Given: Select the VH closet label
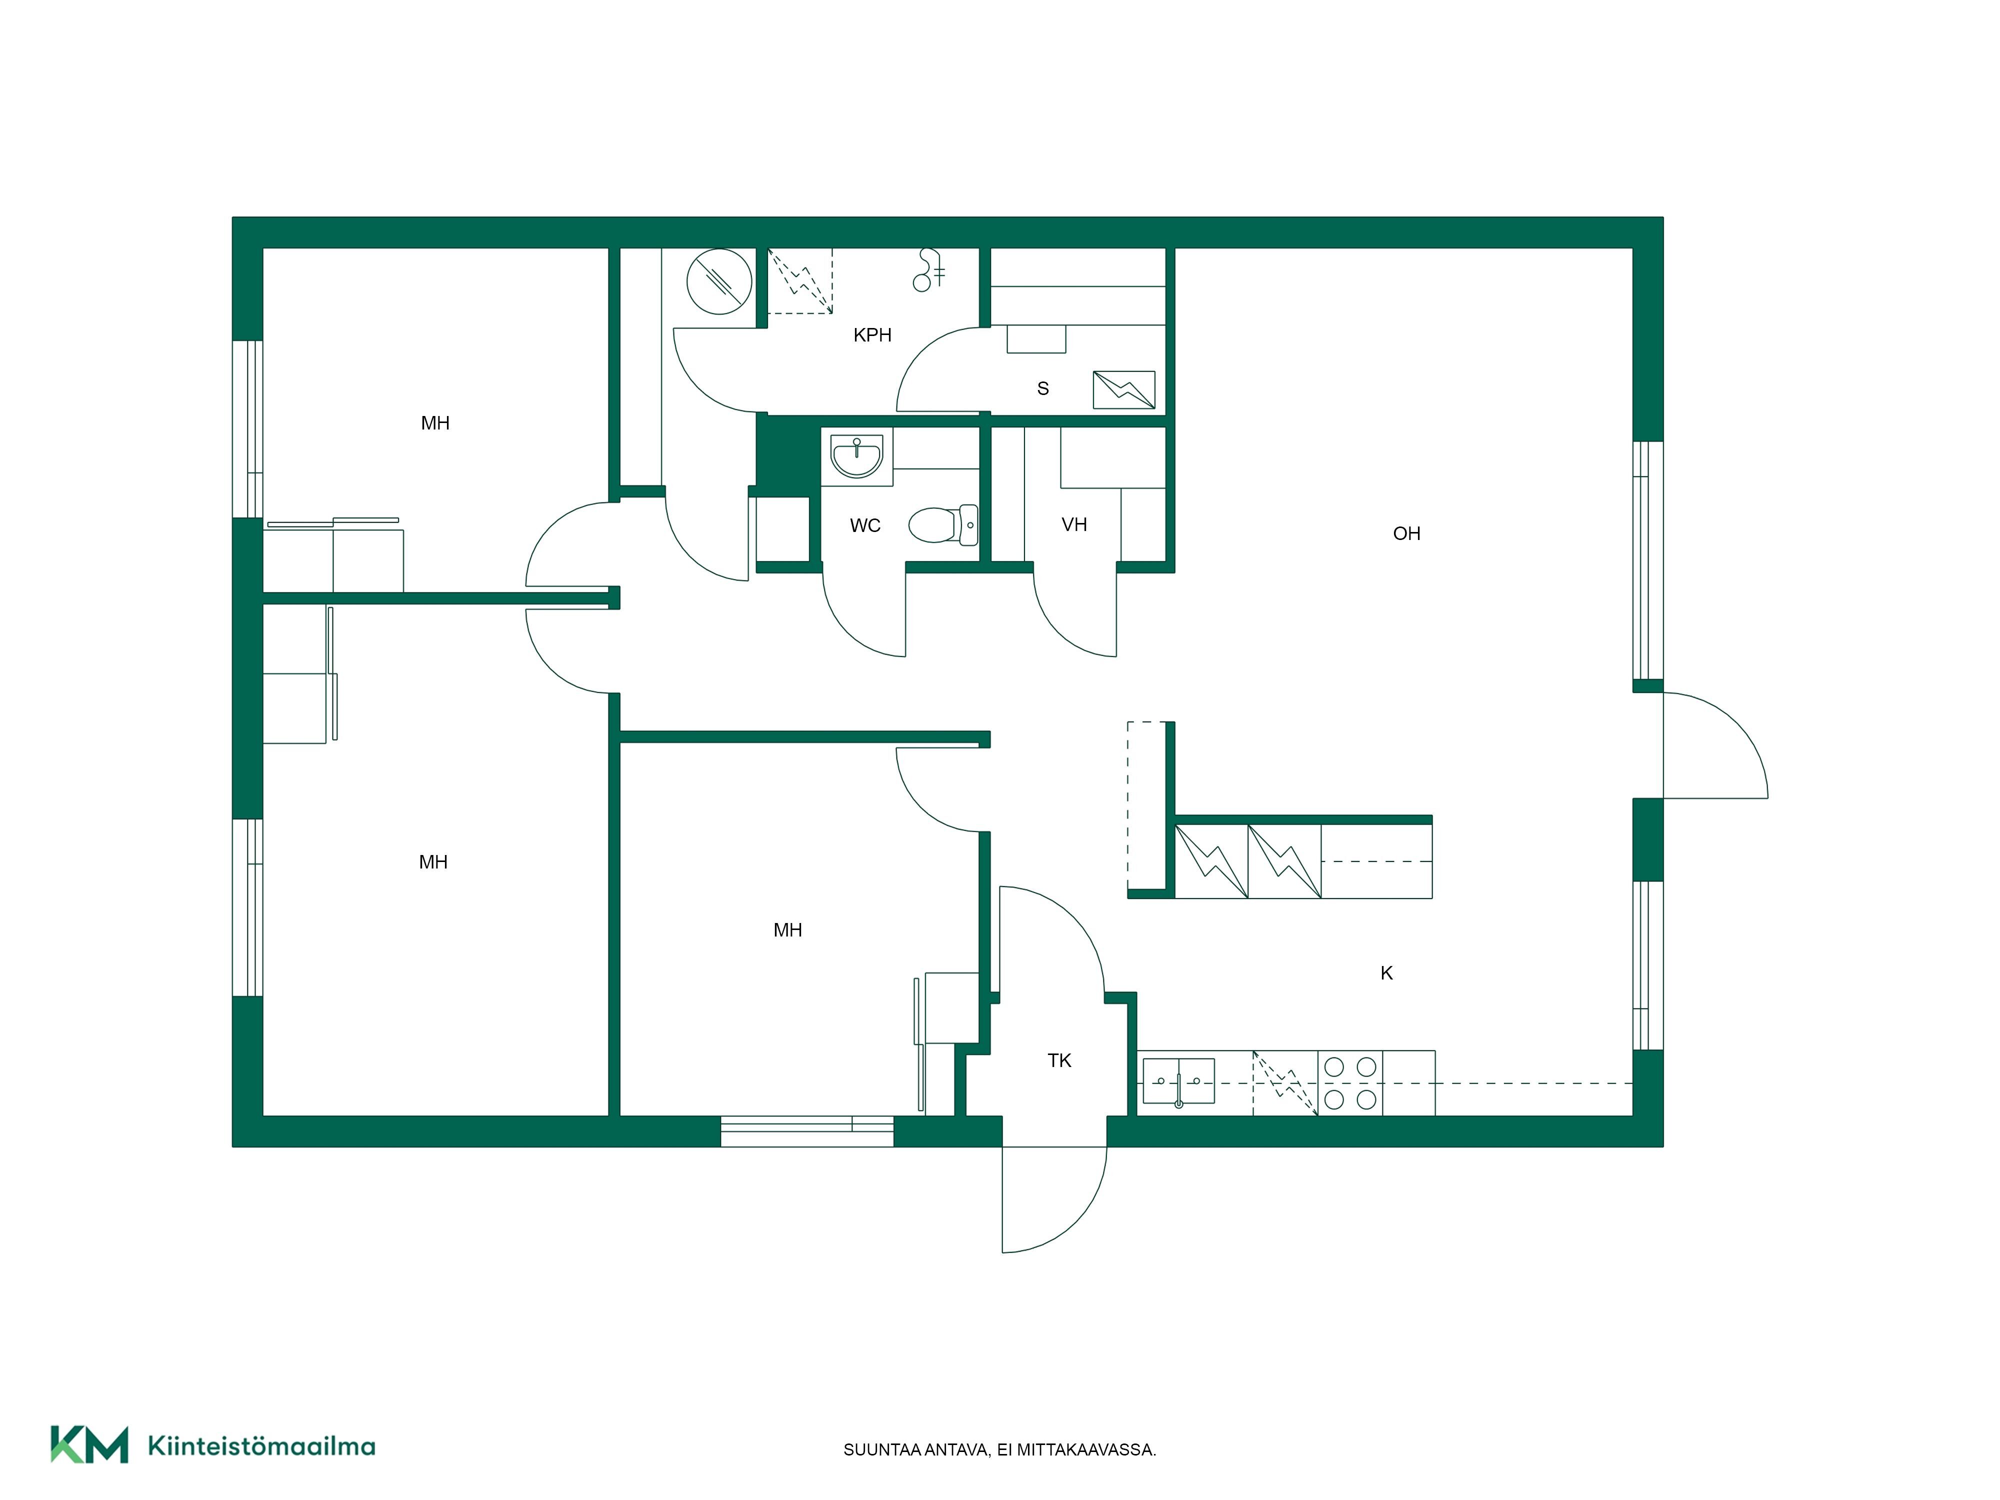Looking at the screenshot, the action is (x=1074, y=524).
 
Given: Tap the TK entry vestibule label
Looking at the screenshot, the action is (x=1059, y=1060).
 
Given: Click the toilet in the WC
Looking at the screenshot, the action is (x=943, y=524).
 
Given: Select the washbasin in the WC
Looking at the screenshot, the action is (x=855, y=455).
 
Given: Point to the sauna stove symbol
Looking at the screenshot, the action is (x=1124, y=389).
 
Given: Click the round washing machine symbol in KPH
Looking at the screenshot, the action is (x=719, y=281).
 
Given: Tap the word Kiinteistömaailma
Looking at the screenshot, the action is (x=261, y=1446).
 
